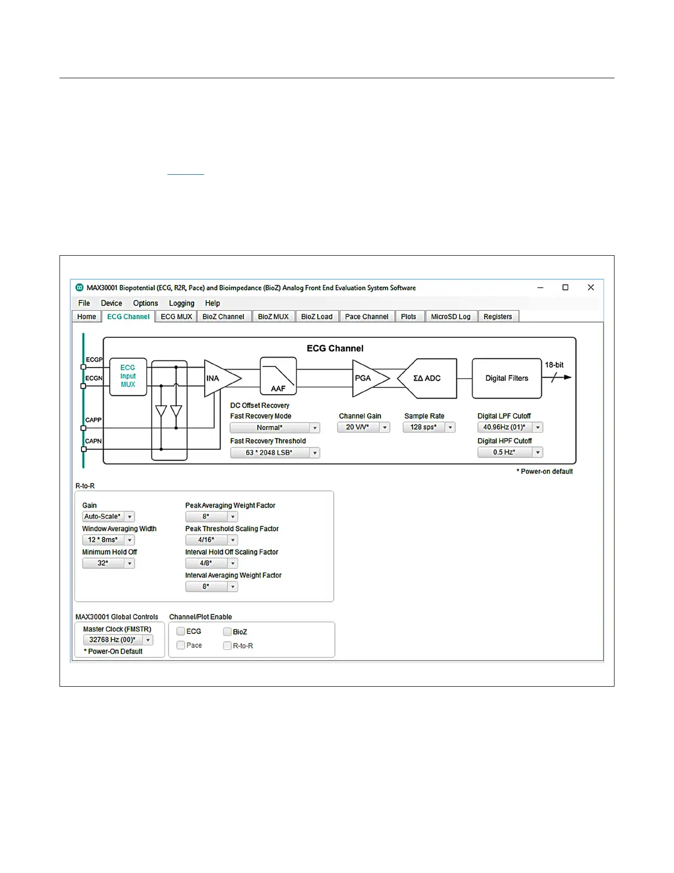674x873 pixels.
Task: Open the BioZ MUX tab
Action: [273, 317]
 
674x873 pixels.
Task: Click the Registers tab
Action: [498, 317]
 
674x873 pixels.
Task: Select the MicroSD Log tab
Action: [450, 317]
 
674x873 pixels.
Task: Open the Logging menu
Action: [182, 303]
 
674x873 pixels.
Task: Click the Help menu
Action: [213, 303]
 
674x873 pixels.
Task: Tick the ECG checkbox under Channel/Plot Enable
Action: [181, 632]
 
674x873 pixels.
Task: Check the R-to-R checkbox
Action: [227, 646]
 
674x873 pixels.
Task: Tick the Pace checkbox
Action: [181, 645]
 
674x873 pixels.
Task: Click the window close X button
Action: [591, 288]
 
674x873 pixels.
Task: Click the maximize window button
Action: [565, 288]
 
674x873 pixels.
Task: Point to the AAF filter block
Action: [278, 376]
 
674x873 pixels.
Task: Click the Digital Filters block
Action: [507, 379]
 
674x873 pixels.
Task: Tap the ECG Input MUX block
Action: [128, 376]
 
